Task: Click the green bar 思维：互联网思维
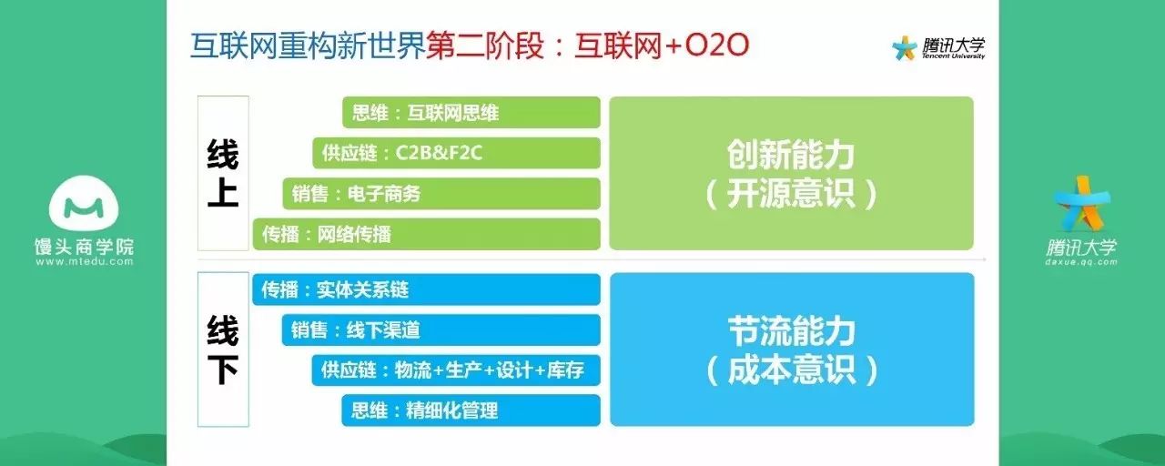(x=471, y=112)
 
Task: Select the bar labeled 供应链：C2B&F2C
(x=457, y=153)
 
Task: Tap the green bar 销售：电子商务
(x=441, y=194)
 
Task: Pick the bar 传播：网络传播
(x=427, y=234)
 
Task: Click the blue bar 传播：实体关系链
(x=427, y=289)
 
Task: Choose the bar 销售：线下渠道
(x=441, y=329)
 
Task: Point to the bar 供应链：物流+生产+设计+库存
(x=456, y=370)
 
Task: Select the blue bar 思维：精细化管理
(x=471, y=410)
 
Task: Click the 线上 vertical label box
(x=223, y=173)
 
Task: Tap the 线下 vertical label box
(x=223, y=349)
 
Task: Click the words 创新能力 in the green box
(x=791, y=155)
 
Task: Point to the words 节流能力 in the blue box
(x=792, y=331)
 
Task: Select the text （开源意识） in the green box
(x=791, y=194)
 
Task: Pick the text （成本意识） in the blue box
(x=792, y=370)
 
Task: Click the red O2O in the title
(x=716, y=46)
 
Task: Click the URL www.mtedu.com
(x=85, y=261)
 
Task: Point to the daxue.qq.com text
(x=1081, y=262)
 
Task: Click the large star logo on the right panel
(x=1082, y=204)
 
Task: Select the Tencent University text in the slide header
(x=953, y=56)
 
